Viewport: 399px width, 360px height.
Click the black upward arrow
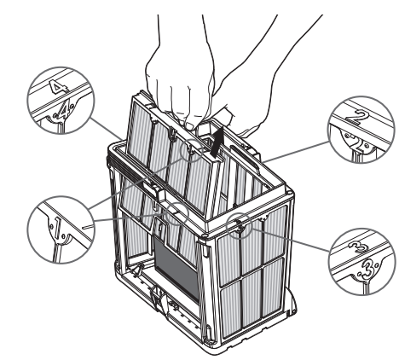point(217,142)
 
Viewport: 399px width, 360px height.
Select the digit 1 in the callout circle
point(57,228)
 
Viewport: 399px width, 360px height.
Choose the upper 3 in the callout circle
point(358,247)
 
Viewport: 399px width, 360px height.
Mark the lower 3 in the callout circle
point(365,270)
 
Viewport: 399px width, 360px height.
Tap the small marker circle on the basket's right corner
point(239,225)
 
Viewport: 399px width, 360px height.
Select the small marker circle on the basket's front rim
point(176,214)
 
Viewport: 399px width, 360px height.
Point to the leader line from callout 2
point(295,152)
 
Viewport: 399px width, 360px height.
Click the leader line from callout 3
point(290,241)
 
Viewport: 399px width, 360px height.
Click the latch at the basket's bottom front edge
point(159,298)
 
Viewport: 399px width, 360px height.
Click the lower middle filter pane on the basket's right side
point(252,298)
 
